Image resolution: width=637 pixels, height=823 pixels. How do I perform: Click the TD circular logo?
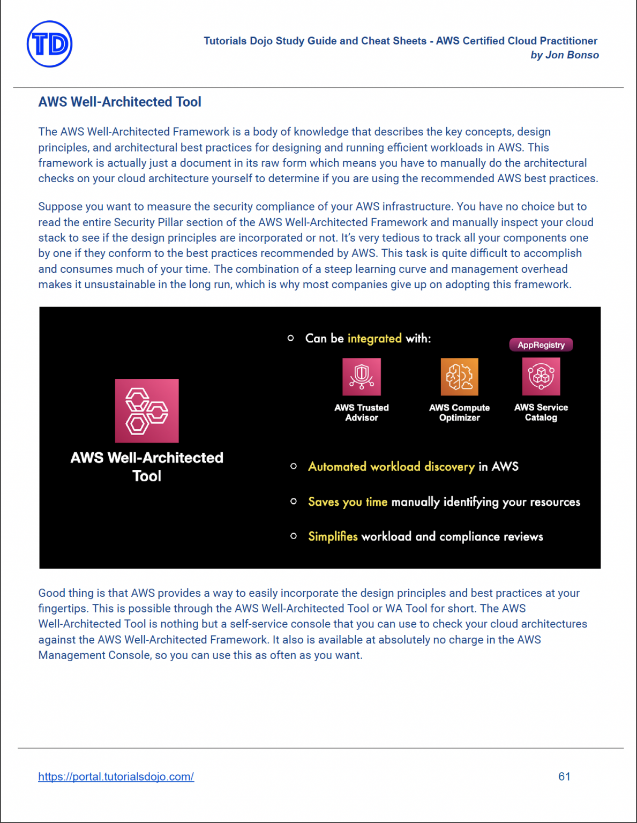tap(49, 44)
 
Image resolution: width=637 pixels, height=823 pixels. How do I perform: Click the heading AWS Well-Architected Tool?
tap(119, 102)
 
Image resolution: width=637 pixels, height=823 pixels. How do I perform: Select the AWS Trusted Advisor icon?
tap(362, 377)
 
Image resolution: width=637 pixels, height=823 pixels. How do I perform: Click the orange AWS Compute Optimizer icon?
tap(459, 377)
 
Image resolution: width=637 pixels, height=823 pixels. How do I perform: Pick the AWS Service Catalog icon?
tap(541, 377)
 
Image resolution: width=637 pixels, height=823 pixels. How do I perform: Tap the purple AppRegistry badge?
tap(541, 345)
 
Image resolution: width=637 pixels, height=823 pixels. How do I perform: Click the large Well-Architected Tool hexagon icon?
tap(147, 410)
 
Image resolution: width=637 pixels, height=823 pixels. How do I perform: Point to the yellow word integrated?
tap(374, 339)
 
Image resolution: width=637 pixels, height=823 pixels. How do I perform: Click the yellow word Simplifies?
tap(333, 536)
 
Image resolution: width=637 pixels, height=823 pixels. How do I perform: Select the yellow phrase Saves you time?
tap(348, 502)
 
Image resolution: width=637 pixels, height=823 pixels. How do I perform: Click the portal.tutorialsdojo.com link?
tap(116, 776)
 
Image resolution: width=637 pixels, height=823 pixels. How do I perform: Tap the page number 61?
tap(564, 776)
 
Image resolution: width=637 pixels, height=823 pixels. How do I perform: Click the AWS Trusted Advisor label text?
tap(362, 413)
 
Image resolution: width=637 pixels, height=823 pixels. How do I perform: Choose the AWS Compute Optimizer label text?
tap(459, 413)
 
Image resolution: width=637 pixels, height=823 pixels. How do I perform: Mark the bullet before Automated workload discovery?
tap(294, 467)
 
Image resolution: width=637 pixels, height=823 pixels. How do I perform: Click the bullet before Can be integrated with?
tap(291, 338)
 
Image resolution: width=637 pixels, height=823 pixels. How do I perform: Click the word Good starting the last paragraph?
tap(50, 593)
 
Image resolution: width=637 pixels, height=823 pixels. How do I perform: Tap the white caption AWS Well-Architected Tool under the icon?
tap(147, 466)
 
